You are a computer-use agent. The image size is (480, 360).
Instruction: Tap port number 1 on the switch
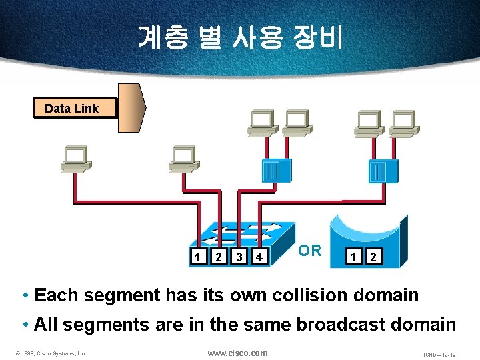(197, 257)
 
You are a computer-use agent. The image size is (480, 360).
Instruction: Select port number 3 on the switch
(239, 257)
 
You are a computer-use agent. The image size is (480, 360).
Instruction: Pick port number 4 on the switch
(261, 257)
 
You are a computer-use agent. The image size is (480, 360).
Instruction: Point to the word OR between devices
(309, 251)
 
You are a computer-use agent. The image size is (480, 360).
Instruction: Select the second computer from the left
(182, 158)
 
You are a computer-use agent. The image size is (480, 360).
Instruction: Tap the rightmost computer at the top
(402, 123)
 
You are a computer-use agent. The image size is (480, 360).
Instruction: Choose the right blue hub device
(383, 171)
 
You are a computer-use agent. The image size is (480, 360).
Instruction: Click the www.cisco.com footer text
(237, 353)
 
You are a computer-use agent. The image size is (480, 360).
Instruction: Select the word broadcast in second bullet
(332, 325)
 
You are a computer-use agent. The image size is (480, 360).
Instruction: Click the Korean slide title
(240, 37)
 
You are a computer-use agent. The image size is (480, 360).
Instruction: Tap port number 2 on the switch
(218, 257)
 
